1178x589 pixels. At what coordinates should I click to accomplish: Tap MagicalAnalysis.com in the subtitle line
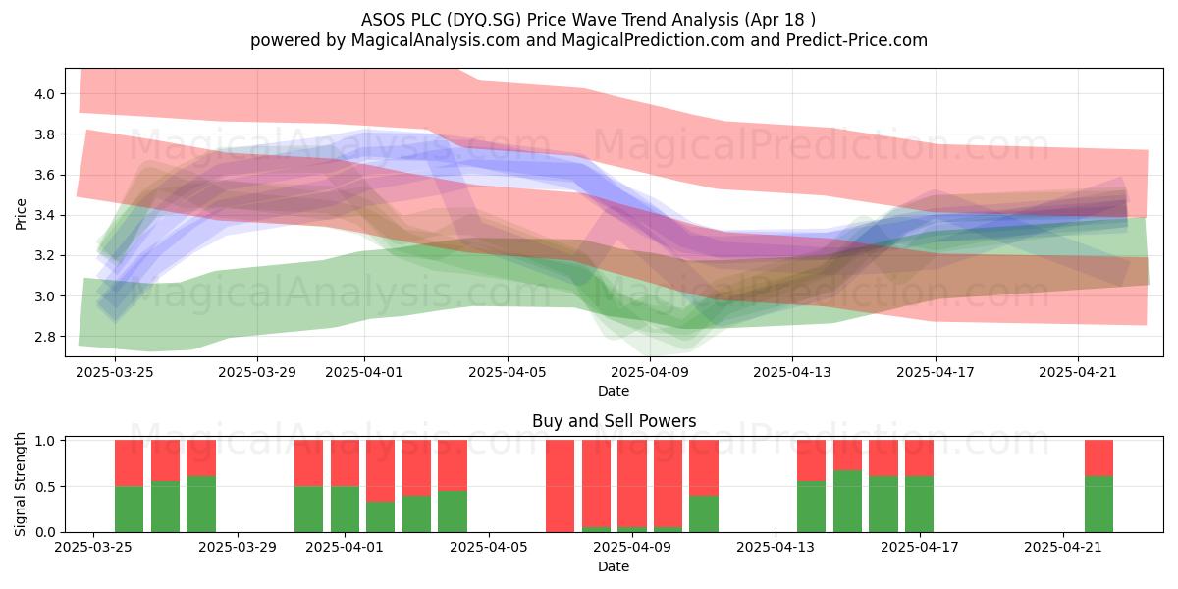pos(436,40)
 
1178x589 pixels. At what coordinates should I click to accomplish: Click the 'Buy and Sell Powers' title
pos(614,421)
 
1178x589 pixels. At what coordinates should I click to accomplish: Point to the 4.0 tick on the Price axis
pos(44,94)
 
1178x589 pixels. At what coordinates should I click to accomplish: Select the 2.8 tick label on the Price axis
pos(44,337)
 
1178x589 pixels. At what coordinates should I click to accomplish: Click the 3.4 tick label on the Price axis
pos(44,216)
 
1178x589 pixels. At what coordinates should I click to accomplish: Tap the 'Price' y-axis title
pos(21,214)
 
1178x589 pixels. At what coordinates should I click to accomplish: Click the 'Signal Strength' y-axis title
pos(20,484)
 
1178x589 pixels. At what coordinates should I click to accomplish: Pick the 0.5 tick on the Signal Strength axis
pos(46,487)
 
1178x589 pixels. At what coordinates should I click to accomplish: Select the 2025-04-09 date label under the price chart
pos(650,372)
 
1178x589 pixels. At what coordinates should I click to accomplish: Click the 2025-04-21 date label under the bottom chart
pos(1063,548)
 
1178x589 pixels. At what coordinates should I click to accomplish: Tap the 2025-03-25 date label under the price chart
pos(115,372)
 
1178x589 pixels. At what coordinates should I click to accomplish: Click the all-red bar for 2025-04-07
pos(561,486)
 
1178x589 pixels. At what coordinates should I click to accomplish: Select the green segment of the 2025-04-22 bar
pos(1099,505)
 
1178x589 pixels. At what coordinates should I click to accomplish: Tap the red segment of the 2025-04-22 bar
pos(1099,458)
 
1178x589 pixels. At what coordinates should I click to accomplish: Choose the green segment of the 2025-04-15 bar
pos(848,502)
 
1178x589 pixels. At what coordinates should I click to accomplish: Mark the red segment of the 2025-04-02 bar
pos(380,470)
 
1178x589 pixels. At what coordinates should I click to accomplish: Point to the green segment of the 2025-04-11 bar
pos(704,513)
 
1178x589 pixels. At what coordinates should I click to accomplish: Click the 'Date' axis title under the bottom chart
pos(614,566)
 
